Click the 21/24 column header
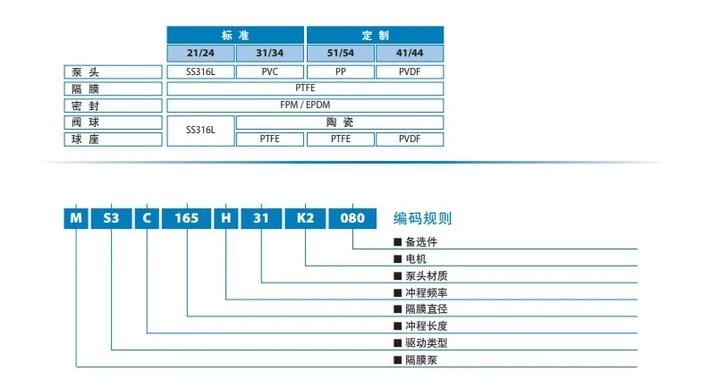click(201, 53)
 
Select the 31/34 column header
click(271, 53)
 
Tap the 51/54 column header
click(340, 53)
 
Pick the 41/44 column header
click(410, 53)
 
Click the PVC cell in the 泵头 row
click(271, 72)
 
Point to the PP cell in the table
click(340, 72)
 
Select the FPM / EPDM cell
click(305, 105)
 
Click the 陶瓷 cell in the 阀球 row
click(340, 122)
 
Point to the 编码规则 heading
click(423, 218)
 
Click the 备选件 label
click(420, 241)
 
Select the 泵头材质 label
click(426, 275)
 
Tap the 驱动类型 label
click(426, 343)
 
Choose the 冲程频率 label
click(426, 292)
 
